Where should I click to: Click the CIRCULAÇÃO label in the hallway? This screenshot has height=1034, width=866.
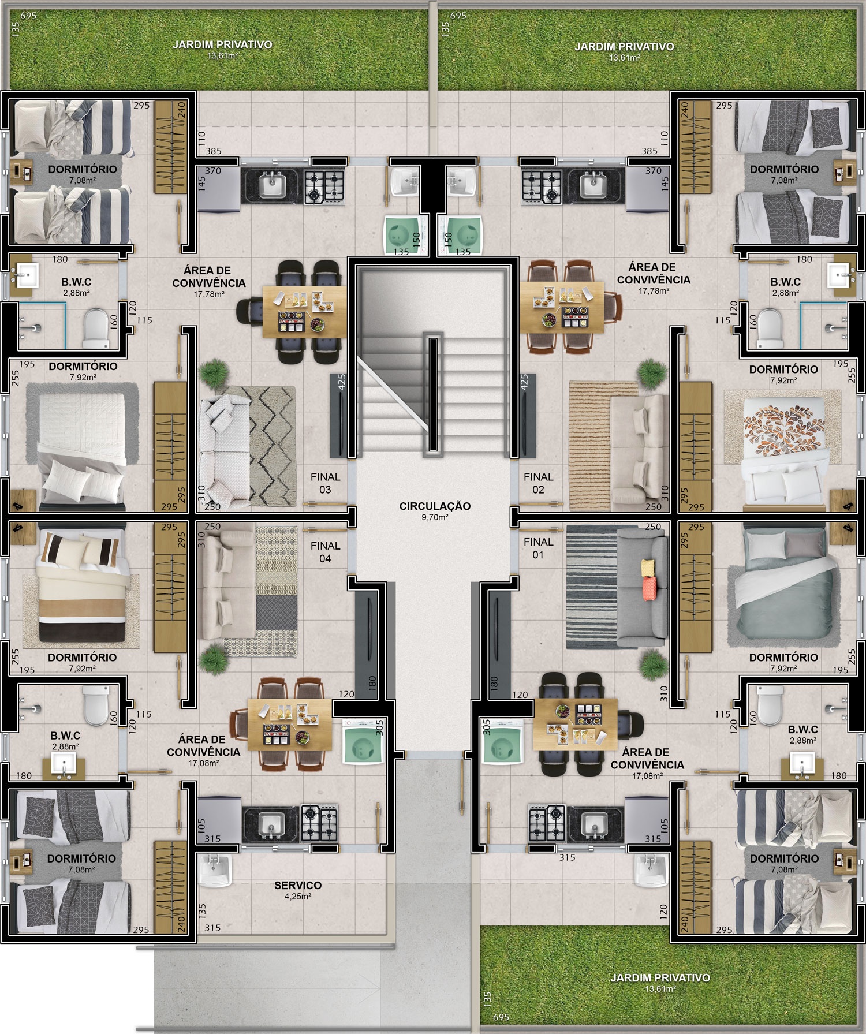(435, 506)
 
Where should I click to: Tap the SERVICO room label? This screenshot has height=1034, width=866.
(298, 886)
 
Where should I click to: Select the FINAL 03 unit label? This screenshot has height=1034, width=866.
(325, 483)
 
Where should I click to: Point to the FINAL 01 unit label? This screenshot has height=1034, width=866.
(538, 548)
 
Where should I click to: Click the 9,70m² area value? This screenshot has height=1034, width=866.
(435, 518)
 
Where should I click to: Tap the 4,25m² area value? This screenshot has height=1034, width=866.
(298, 897)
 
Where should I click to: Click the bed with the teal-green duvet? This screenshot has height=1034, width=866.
(785, 581)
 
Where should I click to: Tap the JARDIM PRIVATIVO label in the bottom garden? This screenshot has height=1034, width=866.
(659, 977)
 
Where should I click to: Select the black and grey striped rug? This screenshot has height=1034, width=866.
(592, 587)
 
